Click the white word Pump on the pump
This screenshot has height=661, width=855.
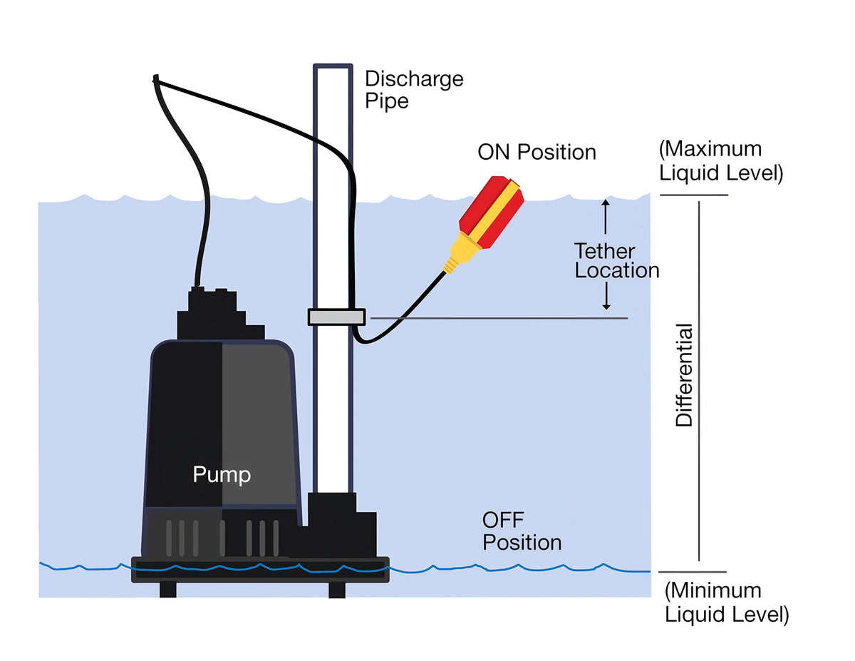coord(222,475)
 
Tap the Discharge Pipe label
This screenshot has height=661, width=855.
coord(414,90)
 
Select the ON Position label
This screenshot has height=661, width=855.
coord(537,152)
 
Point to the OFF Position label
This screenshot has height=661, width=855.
coord(522,531)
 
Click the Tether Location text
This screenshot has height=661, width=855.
coord(616,260)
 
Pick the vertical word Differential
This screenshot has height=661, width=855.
coord(684,375)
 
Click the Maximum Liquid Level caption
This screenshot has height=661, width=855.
coord(721,160)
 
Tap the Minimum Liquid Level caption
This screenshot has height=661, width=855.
coord(727,603)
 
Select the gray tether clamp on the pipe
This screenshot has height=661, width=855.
coord(337,317)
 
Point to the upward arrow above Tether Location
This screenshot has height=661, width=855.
coord(606,217)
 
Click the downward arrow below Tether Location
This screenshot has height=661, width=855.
coord(606,296)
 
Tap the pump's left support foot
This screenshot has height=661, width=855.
coord(168,590)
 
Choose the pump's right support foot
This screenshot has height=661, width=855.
coord(337,590)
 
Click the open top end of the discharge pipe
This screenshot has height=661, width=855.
coord(333,66)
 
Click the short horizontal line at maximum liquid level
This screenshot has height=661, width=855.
coord(694,195)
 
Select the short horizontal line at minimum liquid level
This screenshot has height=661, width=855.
coord(693,572)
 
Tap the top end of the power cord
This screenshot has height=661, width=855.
coord(156,77)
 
